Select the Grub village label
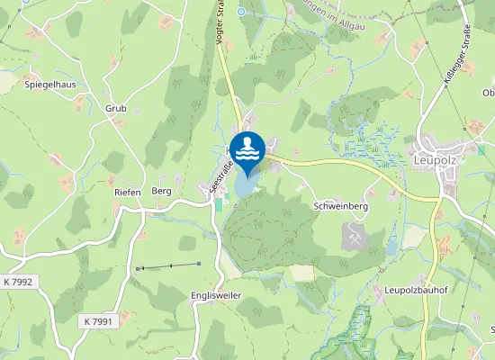coord(116,108)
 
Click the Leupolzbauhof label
coord(416,290)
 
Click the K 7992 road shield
coord(17,282)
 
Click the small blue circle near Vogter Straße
coord(240,12)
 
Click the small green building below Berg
coord(217,204)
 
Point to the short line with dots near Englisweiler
coord(168,265)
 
